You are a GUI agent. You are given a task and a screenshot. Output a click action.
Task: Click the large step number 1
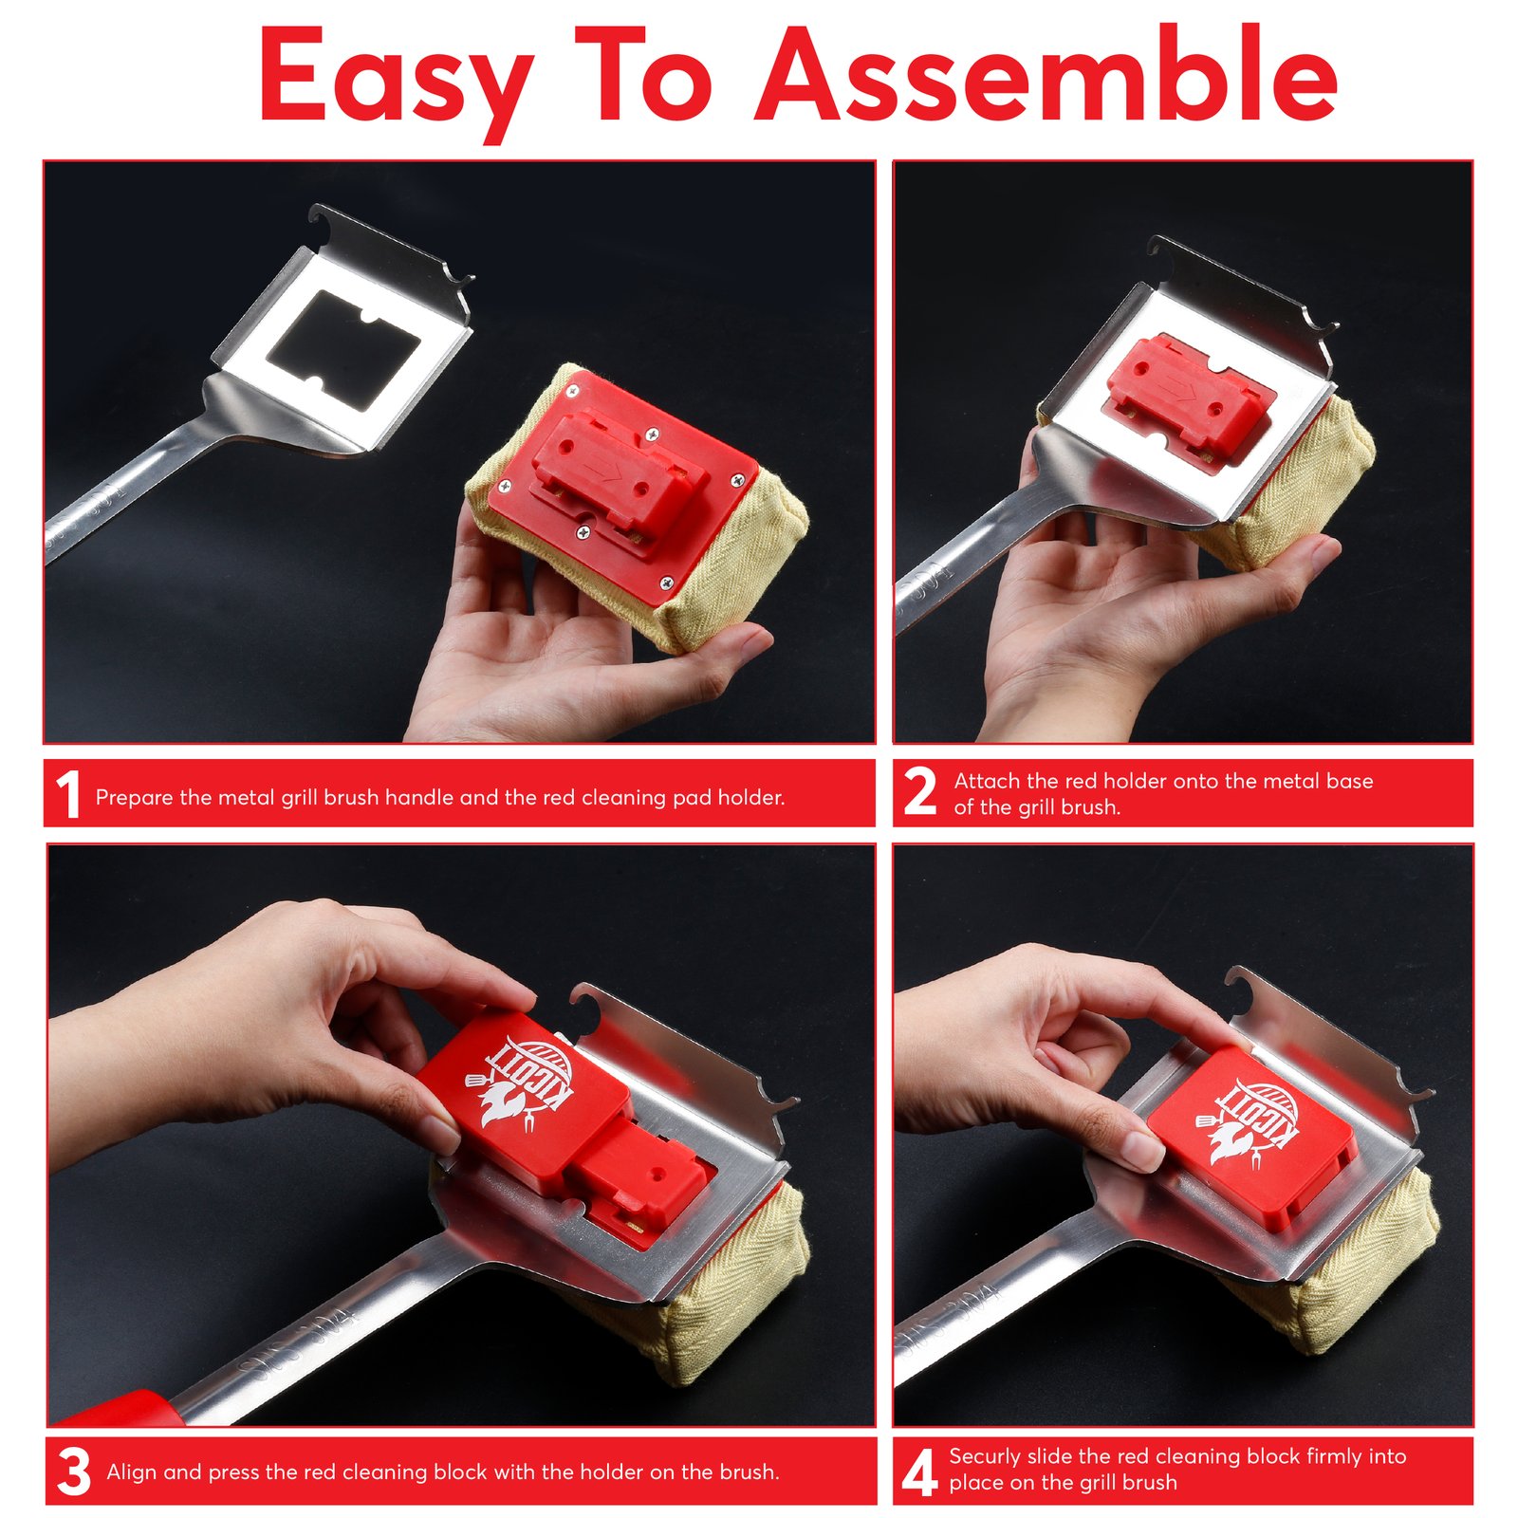[67, 794]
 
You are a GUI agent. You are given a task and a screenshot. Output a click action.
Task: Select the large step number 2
[919, 792]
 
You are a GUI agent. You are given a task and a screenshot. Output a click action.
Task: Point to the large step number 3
[73, 1472]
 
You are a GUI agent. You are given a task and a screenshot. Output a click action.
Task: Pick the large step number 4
[918, 1473]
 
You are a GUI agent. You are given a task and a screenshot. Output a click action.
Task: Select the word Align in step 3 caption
[132, 1472]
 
